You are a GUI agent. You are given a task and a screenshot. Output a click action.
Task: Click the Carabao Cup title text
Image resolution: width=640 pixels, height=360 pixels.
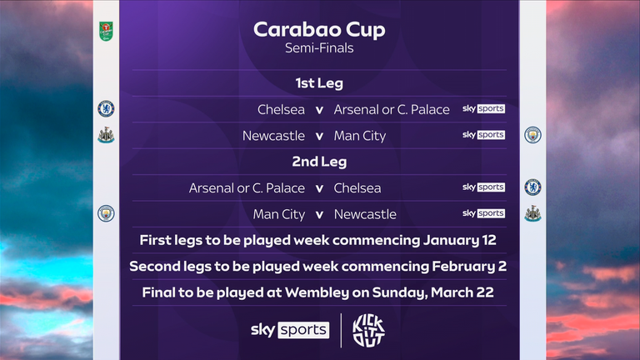319,31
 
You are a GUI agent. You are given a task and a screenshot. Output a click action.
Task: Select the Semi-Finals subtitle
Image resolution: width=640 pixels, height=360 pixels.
319,48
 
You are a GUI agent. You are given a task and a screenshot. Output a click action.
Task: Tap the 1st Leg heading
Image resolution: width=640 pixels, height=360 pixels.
319,83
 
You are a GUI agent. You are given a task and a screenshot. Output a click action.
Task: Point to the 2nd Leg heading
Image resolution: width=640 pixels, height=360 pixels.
319,162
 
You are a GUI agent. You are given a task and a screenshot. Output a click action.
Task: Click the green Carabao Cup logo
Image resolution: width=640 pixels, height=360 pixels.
106,32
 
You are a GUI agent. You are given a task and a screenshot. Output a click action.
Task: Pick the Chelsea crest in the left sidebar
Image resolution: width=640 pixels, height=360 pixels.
106,108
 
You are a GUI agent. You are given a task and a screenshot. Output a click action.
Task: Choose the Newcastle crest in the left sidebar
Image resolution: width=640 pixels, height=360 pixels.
106,135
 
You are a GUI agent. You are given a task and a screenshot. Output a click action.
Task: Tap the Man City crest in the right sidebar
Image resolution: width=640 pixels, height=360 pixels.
532,135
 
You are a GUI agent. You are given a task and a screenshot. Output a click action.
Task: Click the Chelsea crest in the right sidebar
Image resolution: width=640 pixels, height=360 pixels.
532,187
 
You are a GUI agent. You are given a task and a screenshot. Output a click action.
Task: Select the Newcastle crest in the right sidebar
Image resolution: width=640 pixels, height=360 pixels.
532,213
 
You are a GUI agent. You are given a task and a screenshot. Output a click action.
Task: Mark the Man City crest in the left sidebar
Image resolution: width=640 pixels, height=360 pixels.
106,213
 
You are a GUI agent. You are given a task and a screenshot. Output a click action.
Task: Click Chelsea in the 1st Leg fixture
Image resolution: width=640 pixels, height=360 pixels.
282,109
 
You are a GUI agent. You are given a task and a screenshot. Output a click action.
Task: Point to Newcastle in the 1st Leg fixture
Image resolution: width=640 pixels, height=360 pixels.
273,135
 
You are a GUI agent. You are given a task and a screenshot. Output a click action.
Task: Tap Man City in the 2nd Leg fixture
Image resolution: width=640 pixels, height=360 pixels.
279,214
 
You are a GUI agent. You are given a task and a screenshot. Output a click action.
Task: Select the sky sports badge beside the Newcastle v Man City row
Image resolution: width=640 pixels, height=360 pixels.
483,135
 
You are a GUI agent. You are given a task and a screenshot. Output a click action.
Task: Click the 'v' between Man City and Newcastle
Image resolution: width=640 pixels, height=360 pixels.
319,214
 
